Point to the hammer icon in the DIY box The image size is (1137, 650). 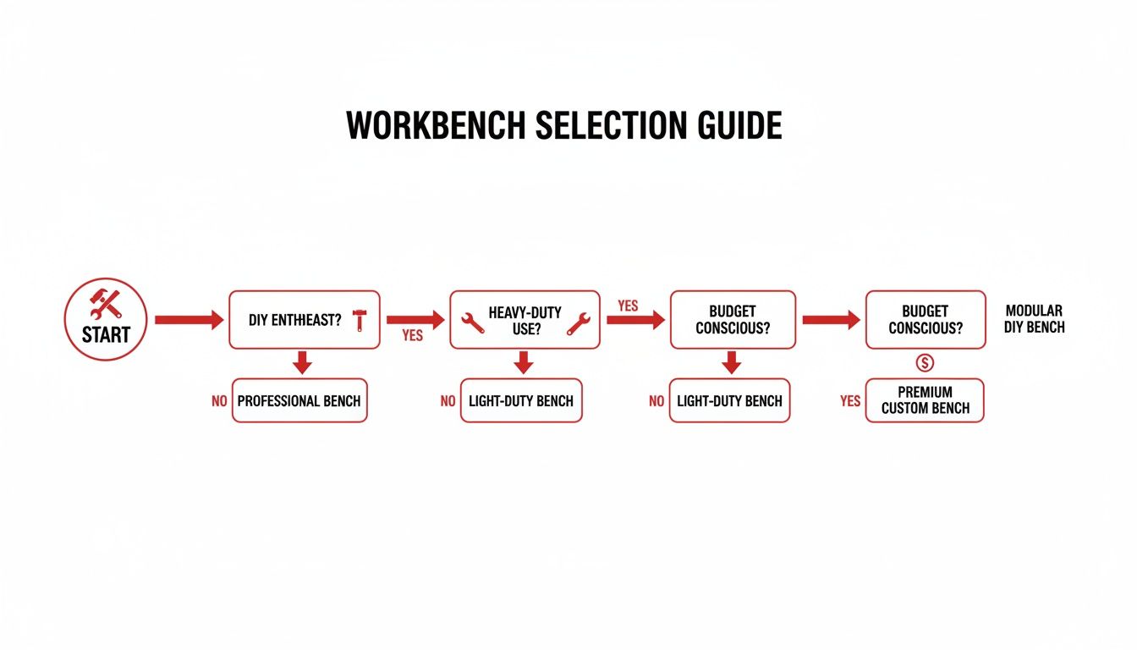point(360,320)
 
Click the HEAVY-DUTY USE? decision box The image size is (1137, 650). point(525,320)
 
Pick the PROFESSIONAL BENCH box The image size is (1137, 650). point(299,400)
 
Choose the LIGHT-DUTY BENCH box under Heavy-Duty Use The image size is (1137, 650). point(521,400)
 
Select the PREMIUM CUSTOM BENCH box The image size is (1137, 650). point(925,400)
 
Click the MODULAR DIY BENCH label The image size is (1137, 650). point(1034,319)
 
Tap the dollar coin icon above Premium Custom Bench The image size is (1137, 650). point(925,363)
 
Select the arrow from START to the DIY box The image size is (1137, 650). point(189,320)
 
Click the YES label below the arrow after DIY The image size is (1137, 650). point(412,336)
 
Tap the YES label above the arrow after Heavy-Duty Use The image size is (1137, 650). point(628,306)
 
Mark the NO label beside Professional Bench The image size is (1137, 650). point(219,401)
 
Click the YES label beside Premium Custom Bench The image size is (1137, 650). point(850,401)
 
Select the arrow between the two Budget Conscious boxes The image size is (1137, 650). point(830,320)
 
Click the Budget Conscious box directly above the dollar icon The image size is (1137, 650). point(926,320)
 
